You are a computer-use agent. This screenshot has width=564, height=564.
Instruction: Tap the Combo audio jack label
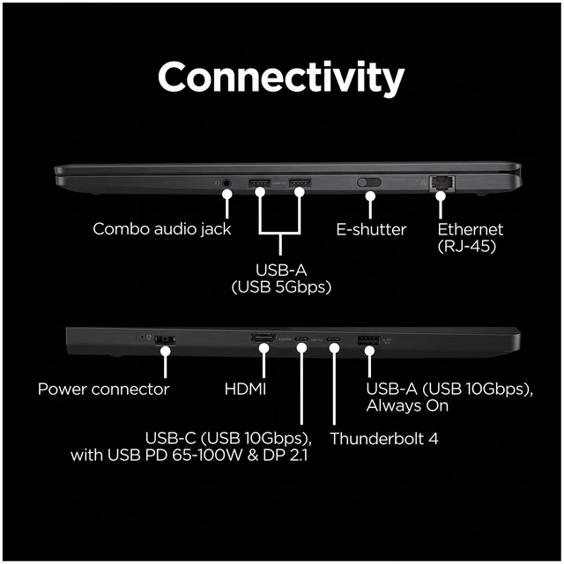coord(162,229)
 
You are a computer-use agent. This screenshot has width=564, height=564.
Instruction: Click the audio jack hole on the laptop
coord(226,183)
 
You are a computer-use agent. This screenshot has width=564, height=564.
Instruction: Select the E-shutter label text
coord(371,229)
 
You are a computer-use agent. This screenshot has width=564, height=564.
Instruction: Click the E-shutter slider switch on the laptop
coord(369,182)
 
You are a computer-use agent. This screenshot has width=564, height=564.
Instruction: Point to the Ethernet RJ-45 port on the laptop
coord(442,183)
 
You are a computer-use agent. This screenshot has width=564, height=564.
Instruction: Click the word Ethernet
coord(470,229)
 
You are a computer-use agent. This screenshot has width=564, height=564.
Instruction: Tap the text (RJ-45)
coord(467,247)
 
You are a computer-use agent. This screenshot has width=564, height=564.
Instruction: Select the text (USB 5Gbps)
coord(281,287)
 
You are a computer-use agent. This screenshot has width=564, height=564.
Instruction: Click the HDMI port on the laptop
coord(263,338)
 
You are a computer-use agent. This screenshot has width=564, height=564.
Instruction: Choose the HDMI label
coord(245,390)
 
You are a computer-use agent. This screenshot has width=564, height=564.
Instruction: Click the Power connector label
coord(104,390)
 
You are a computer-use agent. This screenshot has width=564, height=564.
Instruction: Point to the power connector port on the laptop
coord(165,339)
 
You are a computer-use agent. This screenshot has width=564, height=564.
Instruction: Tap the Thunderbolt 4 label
coord(384,439)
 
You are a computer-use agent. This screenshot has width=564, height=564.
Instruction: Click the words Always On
coord(407,406)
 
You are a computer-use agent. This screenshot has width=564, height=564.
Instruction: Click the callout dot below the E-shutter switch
coord(370,197)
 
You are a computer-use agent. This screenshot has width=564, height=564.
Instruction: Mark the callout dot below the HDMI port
coord(264,348)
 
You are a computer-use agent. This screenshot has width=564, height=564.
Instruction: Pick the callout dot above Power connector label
coord(166,351)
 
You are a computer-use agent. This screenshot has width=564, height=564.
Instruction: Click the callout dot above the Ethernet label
coord(441,197)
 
